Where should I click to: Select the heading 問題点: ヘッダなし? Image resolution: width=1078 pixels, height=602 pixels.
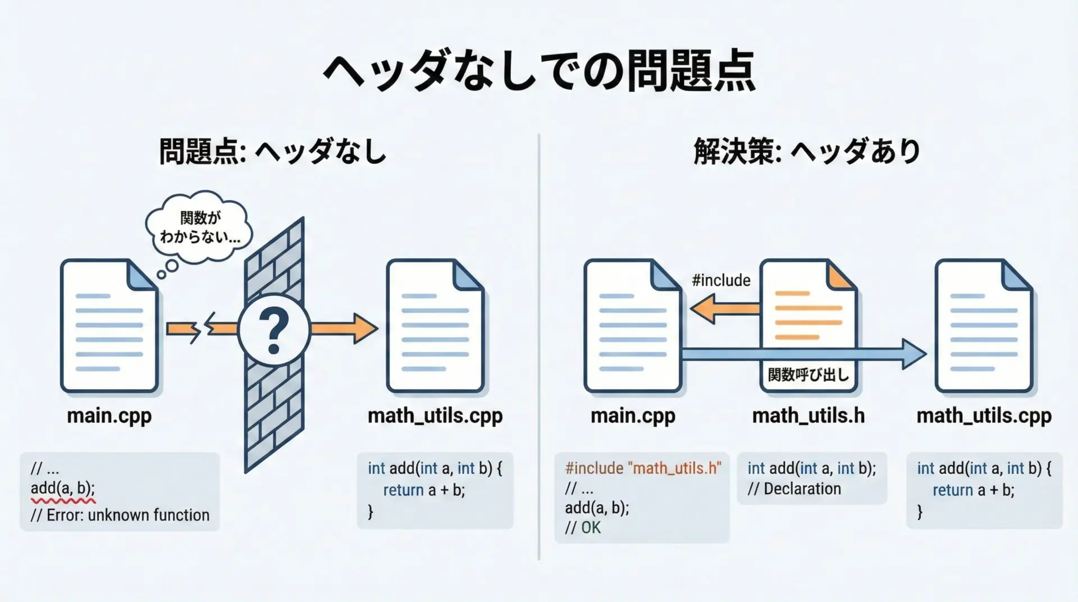click(273, 152)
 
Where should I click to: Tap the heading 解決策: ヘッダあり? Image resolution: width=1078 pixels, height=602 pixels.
click(807, 152)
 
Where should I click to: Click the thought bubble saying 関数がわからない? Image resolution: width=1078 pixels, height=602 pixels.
click(199, 227)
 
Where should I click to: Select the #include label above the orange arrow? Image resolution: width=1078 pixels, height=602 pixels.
click(721, 280)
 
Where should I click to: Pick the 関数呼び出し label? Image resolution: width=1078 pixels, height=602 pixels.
click(808, 375)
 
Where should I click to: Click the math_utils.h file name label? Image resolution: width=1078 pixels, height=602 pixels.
click(808, 416)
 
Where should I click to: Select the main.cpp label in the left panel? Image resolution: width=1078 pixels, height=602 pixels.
click(109, 416)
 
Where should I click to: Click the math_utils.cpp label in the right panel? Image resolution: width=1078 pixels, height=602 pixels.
click(984, 416)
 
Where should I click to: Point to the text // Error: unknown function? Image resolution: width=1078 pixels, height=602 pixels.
click(120, 515)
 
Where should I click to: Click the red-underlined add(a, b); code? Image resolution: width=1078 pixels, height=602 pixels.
click(63, 489)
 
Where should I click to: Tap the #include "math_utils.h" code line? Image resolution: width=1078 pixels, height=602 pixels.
click(643, 468)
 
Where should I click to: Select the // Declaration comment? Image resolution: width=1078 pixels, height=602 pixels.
click(794, 489)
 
